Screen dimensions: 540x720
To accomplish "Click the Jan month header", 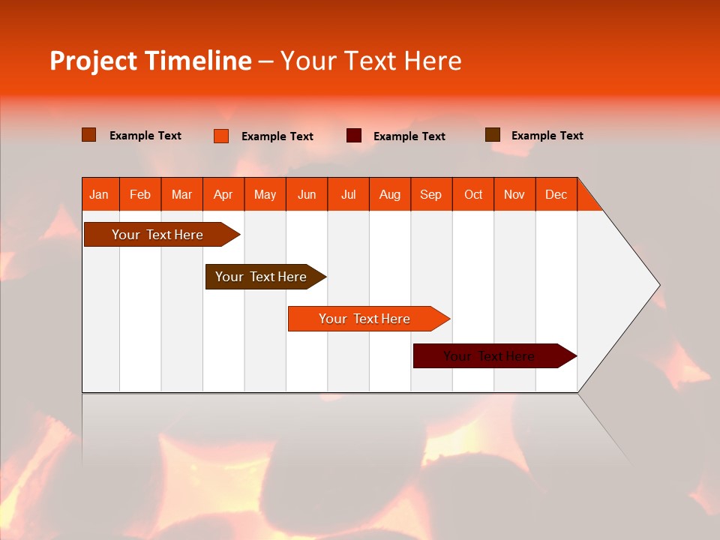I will tap(99, 195).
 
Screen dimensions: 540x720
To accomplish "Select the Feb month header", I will tap(140, 195).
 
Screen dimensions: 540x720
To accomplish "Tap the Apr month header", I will tap(223, 195).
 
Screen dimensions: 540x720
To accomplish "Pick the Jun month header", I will tap(307, 195).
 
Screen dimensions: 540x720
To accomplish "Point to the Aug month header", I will tap(389, 195).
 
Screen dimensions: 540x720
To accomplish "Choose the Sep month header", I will tap(430, 195).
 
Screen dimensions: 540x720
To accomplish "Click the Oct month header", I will tap(473, 195).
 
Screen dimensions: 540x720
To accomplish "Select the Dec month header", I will tap(556, 195).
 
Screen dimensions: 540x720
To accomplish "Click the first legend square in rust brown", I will tap(89, 135).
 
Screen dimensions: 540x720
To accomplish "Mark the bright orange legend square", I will tap(221, 136).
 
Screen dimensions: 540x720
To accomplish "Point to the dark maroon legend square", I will tap(354, 136).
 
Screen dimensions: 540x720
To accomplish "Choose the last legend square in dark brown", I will tap(493, 135).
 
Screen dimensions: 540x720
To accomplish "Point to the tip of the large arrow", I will tap(658, 285).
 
